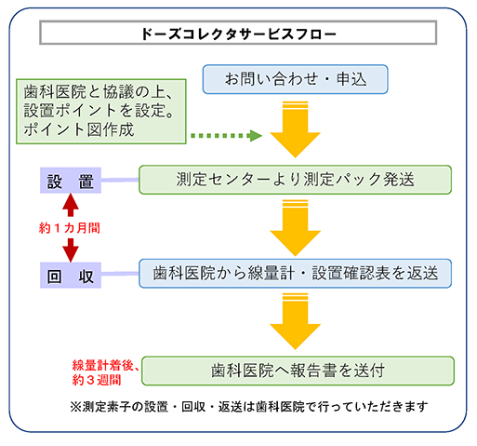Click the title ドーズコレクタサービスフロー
[238, 34]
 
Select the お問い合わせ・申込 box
[295, 79]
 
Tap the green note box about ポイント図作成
[101, 112]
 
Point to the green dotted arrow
[226, 136]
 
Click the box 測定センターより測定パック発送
[295, 180]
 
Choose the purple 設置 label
[71, 181]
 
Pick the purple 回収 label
[71, 276]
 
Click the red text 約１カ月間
[70, 228]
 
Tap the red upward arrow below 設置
[71, 205]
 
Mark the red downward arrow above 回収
[71, 250]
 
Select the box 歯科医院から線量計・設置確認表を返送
[295, 274]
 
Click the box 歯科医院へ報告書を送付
[298, 371]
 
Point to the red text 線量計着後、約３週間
[106, 372]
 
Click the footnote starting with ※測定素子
[249, 407]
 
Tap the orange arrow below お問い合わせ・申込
[295, 129]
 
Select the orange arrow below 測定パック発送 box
[295, 228]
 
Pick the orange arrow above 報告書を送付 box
[295, 321]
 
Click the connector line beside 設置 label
[120, 180]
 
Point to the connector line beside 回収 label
[120, 274]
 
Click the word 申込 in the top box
[351, 79]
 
